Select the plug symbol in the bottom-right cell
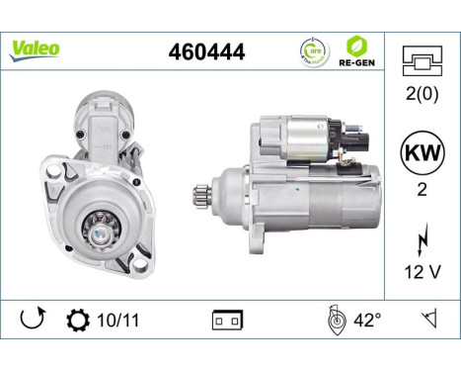click(429, 320)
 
